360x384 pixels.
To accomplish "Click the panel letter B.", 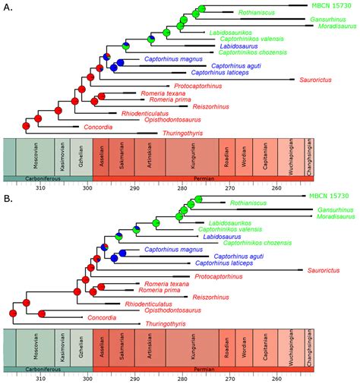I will pos(7,200).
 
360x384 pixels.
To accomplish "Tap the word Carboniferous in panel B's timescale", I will pos(46,370).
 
